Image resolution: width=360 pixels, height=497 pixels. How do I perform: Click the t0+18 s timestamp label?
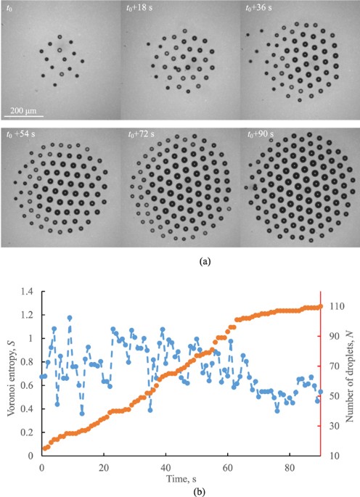139,9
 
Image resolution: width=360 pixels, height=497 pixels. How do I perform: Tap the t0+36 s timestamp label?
259,9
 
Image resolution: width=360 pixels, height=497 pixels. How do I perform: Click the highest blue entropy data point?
70,318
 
